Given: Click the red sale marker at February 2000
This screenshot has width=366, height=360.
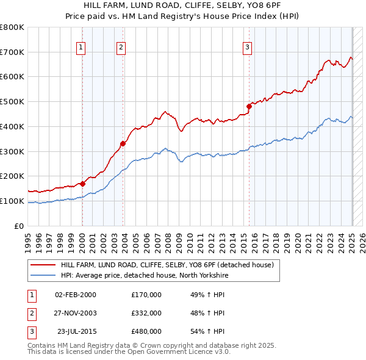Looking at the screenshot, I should coord(82,183).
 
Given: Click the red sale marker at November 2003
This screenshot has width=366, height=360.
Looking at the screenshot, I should coord(123,143).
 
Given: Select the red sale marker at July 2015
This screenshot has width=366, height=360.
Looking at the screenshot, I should coord(249,106).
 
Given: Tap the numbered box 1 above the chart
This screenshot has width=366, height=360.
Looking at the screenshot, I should coord(81,48).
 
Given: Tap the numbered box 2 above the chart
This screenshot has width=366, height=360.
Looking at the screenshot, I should coord(121,48).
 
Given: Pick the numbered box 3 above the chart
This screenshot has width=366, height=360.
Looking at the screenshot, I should coord(247,48).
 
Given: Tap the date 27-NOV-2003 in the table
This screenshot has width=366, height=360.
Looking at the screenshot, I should coord(76,313).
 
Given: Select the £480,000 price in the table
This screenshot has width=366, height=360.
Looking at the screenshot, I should coord(146,331).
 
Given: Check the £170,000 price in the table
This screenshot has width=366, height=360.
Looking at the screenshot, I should coord(146,295).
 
